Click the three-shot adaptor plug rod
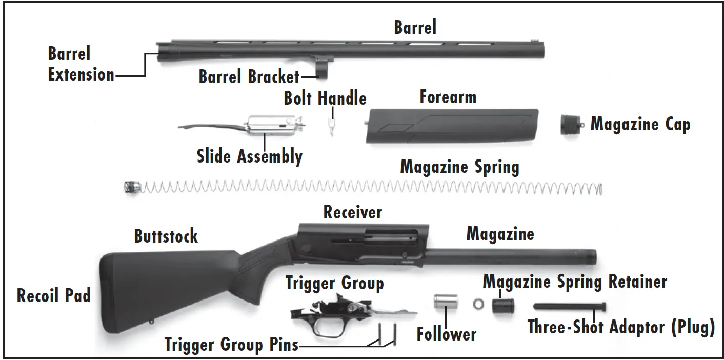(569, 306)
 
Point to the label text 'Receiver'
(353, 212)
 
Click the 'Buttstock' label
(166, 236)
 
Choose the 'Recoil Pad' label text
(54, 295)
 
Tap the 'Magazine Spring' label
(459, 167)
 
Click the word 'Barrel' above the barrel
(415, 28)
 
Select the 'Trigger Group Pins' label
(231, 345)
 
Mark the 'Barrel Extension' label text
(81, 64)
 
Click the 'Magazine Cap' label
(640, 125)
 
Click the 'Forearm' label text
(448, 97)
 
